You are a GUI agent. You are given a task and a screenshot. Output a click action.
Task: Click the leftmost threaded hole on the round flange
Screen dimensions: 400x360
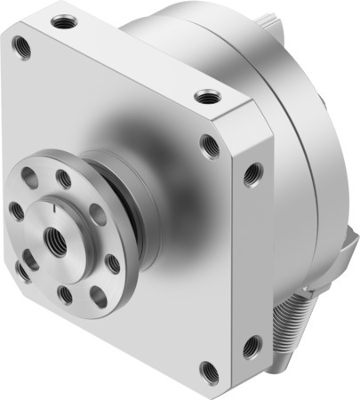[17, 211]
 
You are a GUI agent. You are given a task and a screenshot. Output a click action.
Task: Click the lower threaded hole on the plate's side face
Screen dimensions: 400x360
[252, 342]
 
